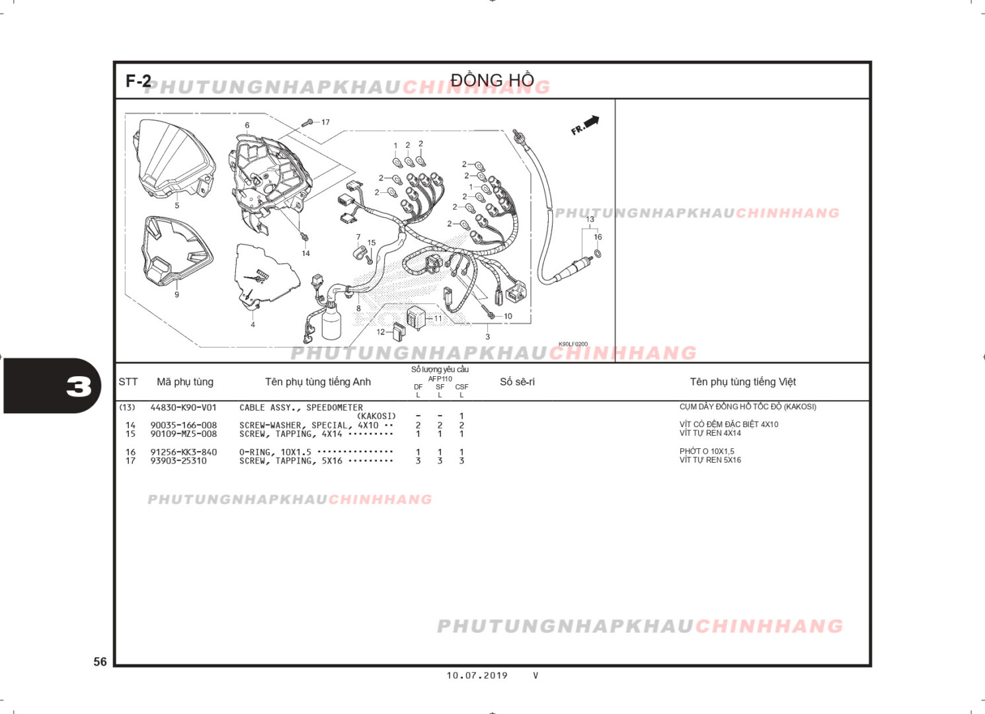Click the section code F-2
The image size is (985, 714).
pos(138,81)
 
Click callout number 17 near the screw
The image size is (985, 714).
pos(325,122)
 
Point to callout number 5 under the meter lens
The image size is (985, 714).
pos(177,206)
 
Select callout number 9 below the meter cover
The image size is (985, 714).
pos(177,295)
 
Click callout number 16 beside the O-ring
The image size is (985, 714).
pos(598,237)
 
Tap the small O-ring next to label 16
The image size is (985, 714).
pos(598,254)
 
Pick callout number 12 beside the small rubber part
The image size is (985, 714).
pos(381,332)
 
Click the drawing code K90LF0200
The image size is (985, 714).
pos(573,344)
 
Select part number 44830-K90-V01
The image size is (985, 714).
pos(183,407)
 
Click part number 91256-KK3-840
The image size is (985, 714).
pos(183,452)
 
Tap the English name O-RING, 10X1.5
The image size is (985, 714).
pos(275,452)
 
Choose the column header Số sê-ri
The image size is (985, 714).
pos(517,381)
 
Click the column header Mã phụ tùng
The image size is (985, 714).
pos(185,382)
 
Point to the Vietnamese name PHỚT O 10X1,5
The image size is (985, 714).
pos(707,451)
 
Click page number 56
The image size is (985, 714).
pos(100,662)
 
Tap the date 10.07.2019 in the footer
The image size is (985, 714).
pos(477,676)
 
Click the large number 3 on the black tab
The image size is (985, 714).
pos(79,387)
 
